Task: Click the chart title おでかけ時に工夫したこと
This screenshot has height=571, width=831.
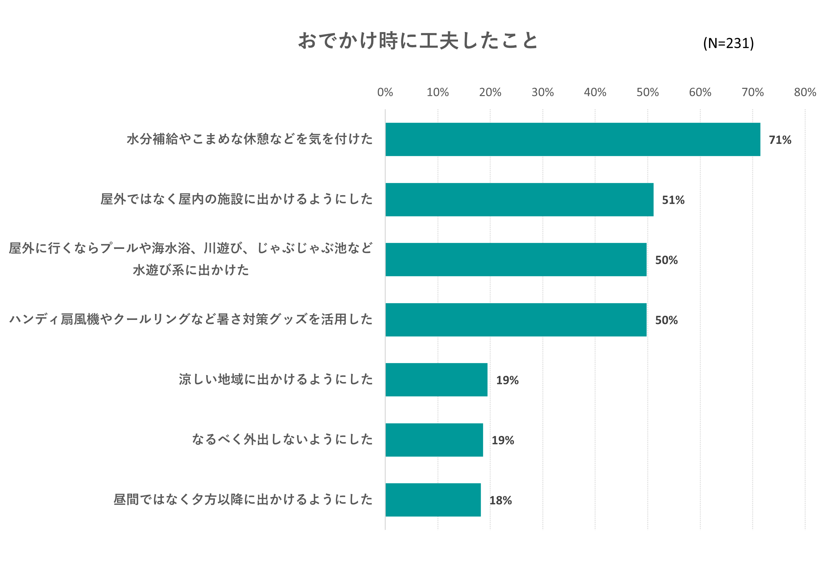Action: coord(418,41)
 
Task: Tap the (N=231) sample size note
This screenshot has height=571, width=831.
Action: coord(728,43)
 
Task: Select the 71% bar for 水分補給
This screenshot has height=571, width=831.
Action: coord(572,140)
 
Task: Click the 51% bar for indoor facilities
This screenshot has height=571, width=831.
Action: coord(519,200)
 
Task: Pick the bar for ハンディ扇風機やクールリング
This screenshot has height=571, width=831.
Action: coord(516,320)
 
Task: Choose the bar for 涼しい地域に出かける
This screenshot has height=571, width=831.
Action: coord(436,380)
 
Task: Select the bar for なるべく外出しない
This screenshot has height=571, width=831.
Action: coord(434,440)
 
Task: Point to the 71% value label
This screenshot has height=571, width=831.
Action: coord(780,140)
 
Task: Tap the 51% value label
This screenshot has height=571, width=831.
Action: coord(673,200)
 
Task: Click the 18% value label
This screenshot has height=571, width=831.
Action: coord(500,501)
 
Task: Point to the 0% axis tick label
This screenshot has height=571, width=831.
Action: coord(385,92)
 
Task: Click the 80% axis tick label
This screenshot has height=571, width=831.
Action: coord(805,92)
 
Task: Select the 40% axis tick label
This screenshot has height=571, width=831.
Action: coord(595,92)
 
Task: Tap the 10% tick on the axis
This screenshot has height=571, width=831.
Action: coord(438,92)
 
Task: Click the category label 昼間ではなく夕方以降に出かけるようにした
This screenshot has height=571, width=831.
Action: coord(243,499)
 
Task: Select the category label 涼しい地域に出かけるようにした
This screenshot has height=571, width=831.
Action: coord(276,379)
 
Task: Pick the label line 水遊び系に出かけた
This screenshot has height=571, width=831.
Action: coord(191,270)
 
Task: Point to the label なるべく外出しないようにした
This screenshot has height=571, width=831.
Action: coord(282,439)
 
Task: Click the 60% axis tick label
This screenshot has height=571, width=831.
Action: coord(700,92)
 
